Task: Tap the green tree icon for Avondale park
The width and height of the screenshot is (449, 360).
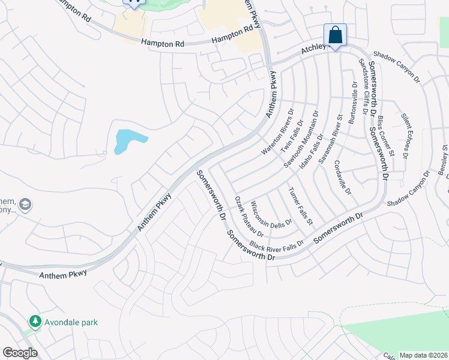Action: (x=35, y=322)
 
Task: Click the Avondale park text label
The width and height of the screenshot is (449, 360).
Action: (x=71, y=323)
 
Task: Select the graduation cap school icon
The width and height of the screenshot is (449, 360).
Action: (x=25, y=205)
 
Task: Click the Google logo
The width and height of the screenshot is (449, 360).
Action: (x=20, y=353)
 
